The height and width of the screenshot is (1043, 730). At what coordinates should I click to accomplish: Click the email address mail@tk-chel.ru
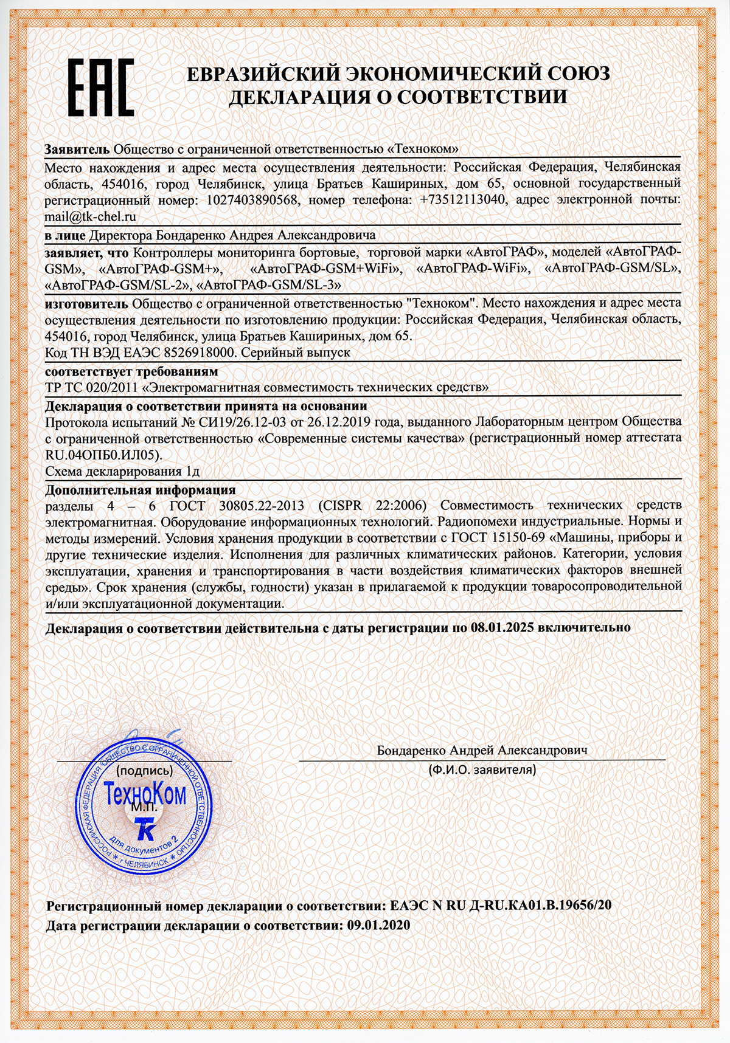pyautogui.click(x=90, y=216)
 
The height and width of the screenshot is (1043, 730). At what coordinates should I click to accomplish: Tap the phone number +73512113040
pyautogui.click(x=462, y=200)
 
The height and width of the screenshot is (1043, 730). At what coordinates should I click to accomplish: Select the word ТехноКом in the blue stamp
pyautogui.click(x=145, y=794)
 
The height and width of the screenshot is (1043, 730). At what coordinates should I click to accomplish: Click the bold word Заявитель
pyautogui.click(x=77, y=150)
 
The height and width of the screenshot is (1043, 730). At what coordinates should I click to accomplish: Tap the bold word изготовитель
pyautogui.click(x=86, y=303)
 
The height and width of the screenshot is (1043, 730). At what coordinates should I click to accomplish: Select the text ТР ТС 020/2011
pyautogui.click(x=91, y=387)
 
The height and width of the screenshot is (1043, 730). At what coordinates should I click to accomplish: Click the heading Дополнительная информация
pyautogui.click(x=141, y=490)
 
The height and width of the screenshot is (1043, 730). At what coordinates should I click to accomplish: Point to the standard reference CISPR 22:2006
pyautogui.click(x=372, y=505)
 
